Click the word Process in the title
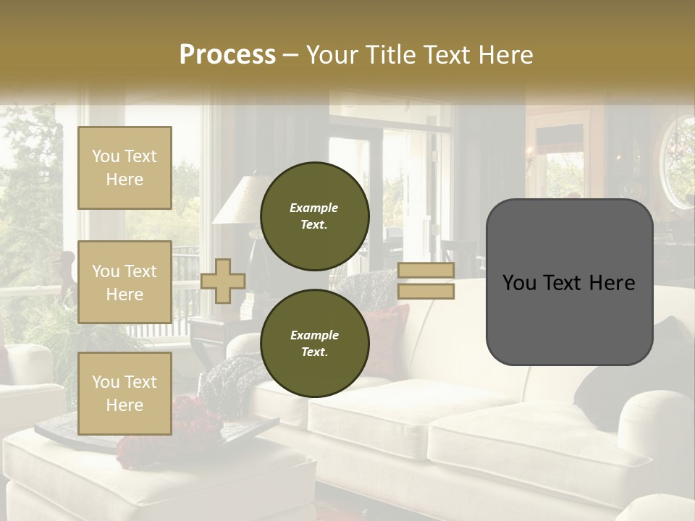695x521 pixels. point(227,54)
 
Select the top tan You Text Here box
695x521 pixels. point(125,168)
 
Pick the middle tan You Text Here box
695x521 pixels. point(125,282)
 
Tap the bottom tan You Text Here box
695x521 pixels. point(125,393)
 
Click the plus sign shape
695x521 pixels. point(223,281)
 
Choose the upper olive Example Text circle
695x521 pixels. point(314,216)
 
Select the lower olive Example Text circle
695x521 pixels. point(314,343)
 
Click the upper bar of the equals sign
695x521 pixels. point(426,271)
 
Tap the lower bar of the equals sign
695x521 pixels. point(426,291)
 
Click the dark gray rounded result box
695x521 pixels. point(569,281)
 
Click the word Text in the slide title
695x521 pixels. point(454,54)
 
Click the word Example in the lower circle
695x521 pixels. point(314,335)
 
